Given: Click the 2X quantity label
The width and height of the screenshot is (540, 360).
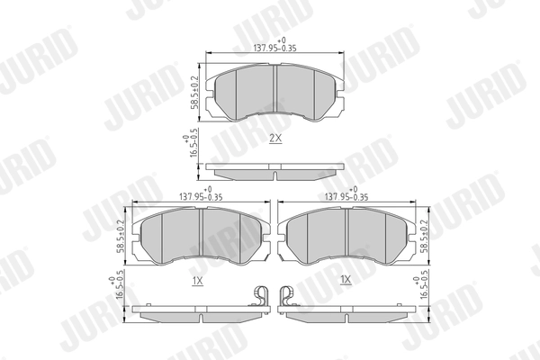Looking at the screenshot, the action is tap(275, 139).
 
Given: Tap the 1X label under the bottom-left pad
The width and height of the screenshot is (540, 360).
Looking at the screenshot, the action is tap(198, 281).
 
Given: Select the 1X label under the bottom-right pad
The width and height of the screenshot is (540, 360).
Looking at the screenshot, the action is tap(346, 280).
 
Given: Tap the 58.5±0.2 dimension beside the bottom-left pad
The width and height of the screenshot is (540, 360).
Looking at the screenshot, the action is tap(121, 237).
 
